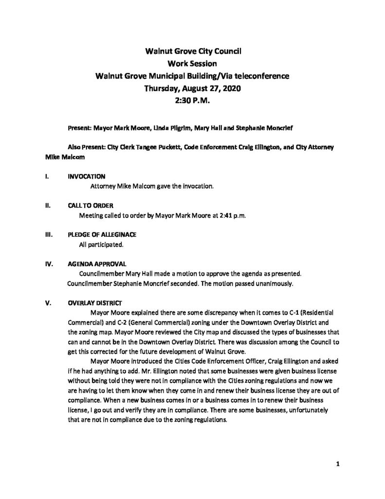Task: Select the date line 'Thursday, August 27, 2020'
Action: tap(192, 89)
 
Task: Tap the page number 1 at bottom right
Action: tap(337, 464)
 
